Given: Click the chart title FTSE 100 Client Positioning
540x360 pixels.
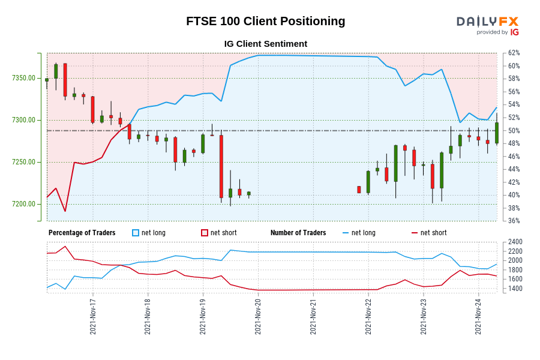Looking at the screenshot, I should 265,21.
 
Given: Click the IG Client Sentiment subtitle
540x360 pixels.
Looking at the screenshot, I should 265,44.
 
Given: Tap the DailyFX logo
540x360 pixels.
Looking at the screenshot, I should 487,25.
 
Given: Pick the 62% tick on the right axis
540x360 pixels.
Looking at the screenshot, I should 514,53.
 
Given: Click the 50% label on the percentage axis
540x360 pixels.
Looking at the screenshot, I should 514,131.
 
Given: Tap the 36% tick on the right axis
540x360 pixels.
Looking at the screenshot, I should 514,221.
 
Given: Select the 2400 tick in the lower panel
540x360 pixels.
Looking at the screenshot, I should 515,242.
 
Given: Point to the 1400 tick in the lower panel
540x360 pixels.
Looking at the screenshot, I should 515,289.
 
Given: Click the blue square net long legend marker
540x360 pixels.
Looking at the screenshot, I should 136,233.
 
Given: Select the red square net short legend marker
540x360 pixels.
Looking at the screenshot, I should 205,233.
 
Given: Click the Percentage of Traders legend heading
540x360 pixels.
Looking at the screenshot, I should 82,233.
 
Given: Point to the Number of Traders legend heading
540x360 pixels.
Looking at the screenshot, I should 298,233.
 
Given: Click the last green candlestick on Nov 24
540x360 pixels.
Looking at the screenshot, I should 497,133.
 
